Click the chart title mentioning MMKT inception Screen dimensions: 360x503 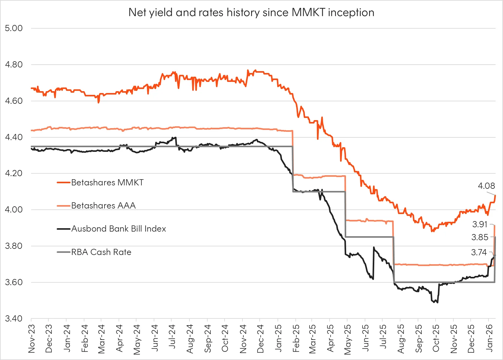coord(251,13)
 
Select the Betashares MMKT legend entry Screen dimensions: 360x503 coord(107,183)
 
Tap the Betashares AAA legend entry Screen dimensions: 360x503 coord(103,206)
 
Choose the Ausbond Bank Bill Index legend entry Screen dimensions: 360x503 coord(119,229)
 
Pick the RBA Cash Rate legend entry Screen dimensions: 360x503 coord(101,252)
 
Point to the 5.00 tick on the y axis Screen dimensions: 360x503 coord(14,28)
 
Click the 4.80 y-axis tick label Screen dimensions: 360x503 coord(14,65)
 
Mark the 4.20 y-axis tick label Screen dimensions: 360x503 coord(14,173)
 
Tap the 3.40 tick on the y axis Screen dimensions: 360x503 coord(14,318)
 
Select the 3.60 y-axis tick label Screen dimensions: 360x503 coord(14,282)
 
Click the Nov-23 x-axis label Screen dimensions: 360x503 coord(31,338)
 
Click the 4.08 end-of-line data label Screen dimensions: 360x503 coord(486,186)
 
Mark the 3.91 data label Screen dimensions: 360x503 coord(480,224)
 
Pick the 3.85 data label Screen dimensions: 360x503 coord(480,237)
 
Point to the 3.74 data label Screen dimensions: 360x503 coord(479,253)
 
